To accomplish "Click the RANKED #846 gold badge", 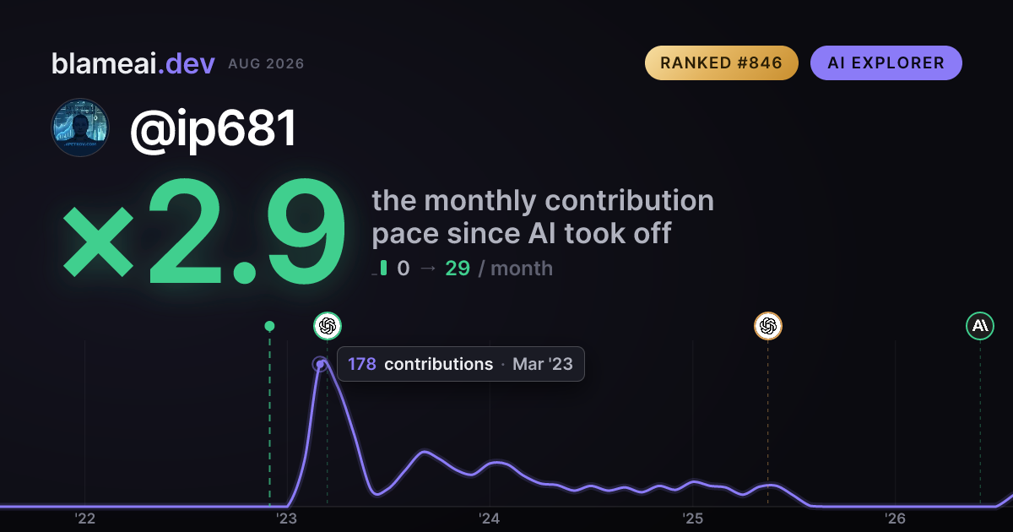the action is click(721, 62).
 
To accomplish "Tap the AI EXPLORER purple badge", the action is click(886, 62).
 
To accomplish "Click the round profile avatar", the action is click(80, 128).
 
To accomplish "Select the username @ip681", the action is click(214, 128).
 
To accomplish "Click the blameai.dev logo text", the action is click(133, 63).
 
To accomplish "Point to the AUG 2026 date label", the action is click(266, 64).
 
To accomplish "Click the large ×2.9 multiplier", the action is click(204, 231).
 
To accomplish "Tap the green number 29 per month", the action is click(458, 269).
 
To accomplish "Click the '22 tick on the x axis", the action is click(84, 518).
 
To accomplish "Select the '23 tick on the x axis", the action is click(287, 518).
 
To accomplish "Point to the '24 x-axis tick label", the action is click(490, 518).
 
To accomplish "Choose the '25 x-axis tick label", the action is click(692, 518).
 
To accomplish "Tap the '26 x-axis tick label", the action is click(895, 518).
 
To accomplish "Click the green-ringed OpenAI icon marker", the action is click(328, 326).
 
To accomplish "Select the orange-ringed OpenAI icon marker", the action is click(768, 326).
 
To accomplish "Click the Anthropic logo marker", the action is click(980, 326).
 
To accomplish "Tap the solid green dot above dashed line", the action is click(269, 326).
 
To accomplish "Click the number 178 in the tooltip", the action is click(362, 364).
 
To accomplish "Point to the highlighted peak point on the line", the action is click(320, 364).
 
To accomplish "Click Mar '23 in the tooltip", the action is click(543, 364).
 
